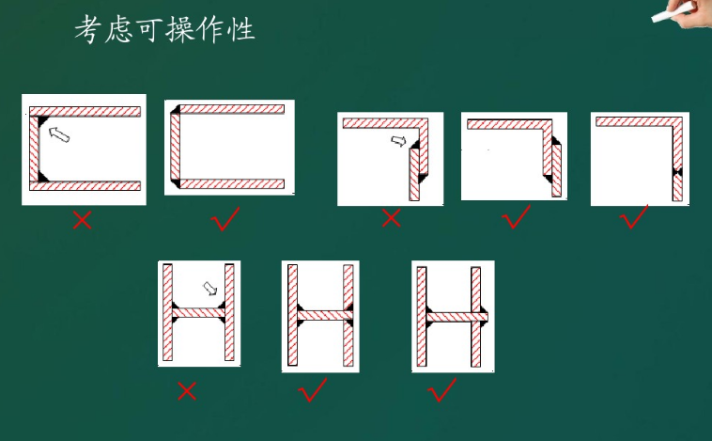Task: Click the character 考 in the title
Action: tap(87, 29)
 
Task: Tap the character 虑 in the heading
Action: tap(119, 30)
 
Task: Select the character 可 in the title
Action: tap(149, 30)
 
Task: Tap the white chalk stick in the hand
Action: tap(670, 13)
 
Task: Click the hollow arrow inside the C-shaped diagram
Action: tap(59, 134)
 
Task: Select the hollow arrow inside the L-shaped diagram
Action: tap(398, 141)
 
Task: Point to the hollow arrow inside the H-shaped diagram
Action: tap(209, 289)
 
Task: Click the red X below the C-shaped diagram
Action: tap(82, 220)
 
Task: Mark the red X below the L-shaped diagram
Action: tap(391, 218)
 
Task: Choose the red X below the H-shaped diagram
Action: tap(187, 391)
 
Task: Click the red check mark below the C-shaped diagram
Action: tap(225, 219)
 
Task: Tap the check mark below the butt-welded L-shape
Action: tap(634, 216)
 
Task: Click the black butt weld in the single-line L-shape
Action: tap(677, 172)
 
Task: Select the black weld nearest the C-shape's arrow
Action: tap(42, 122)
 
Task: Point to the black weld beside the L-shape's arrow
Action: tap(414, 144)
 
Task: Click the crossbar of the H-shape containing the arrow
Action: tap(198, 313)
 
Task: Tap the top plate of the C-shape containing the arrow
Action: tap(85, 111)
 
